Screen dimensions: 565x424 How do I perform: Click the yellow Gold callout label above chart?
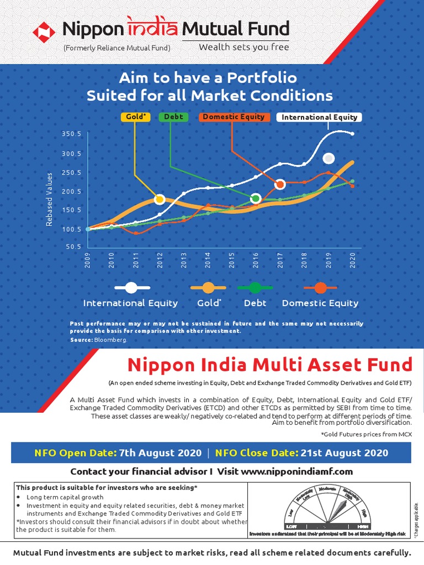(135, 117)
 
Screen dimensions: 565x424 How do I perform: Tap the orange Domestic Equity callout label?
(234, 117)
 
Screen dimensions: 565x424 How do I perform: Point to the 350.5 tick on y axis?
(72, 134)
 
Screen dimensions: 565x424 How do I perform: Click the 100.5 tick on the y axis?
(72, 229)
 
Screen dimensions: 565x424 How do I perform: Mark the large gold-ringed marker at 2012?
(160, 199)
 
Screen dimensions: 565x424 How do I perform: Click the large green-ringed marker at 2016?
(256, 198)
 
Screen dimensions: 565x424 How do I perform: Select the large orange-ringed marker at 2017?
(280, 184)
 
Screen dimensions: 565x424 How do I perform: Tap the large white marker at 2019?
(328, 158)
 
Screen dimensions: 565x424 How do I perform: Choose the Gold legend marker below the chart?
(208, 287)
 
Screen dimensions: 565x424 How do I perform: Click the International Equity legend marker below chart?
(131, 287)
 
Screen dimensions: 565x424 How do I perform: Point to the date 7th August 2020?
(156, 453)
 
